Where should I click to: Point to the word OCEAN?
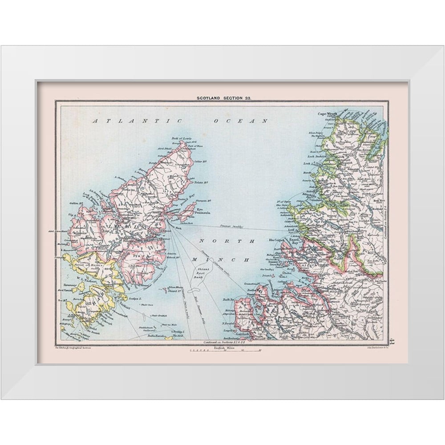click(x=240, y=121)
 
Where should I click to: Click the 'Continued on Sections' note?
click(x=223, y=342)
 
